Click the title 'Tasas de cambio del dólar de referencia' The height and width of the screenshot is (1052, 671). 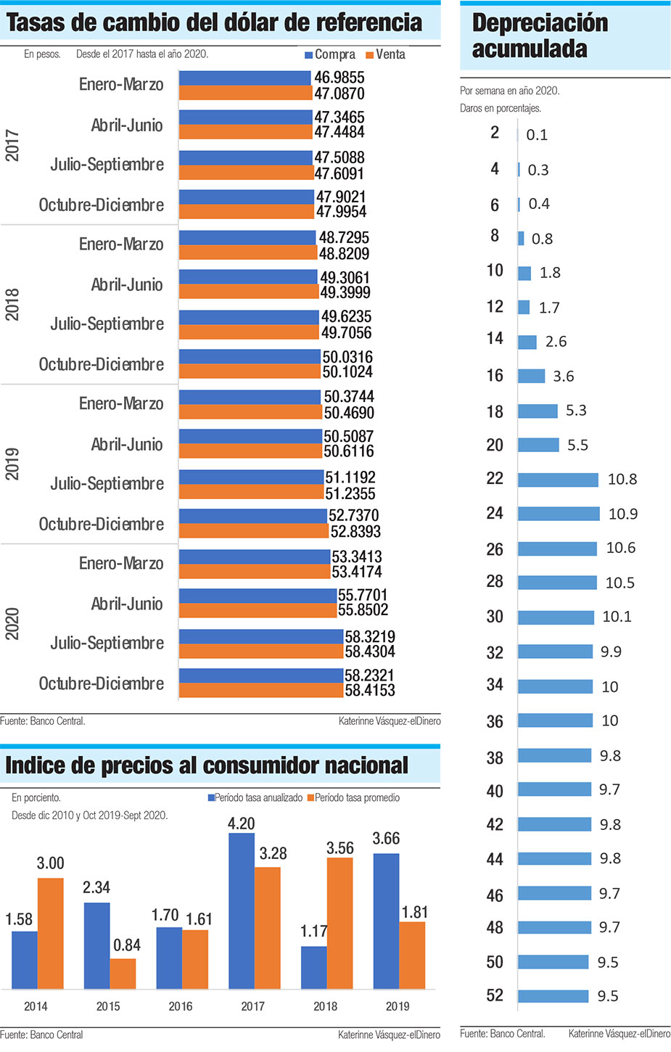point(214,22)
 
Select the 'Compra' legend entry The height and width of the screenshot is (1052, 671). point(330,54)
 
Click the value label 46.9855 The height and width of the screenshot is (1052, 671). point(339,78)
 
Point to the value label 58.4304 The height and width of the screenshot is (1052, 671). point(370,652)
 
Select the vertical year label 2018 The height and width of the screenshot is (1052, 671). point(12,305)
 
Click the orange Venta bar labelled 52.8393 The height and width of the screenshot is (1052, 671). point(254,531)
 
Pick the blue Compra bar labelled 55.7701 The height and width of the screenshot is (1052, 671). point(258,596)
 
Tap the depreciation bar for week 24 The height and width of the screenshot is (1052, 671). point(559,514)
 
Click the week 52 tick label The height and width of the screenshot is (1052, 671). point(495,995)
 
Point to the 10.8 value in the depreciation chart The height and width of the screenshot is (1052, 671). point(622,480)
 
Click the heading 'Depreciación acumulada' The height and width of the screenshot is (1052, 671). point(540,36)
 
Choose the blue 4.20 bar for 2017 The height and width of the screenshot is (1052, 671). point(242,911)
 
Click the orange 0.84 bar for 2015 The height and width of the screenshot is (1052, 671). point(123,974)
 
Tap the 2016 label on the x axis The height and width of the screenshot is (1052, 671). point(181,1006)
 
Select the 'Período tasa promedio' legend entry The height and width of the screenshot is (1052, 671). point(353,797)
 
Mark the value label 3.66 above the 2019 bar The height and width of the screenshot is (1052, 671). point(386,839)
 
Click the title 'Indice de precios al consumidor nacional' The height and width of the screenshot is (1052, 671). point(207,765)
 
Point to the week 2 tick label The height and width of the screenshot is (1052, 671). point(495,133)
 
